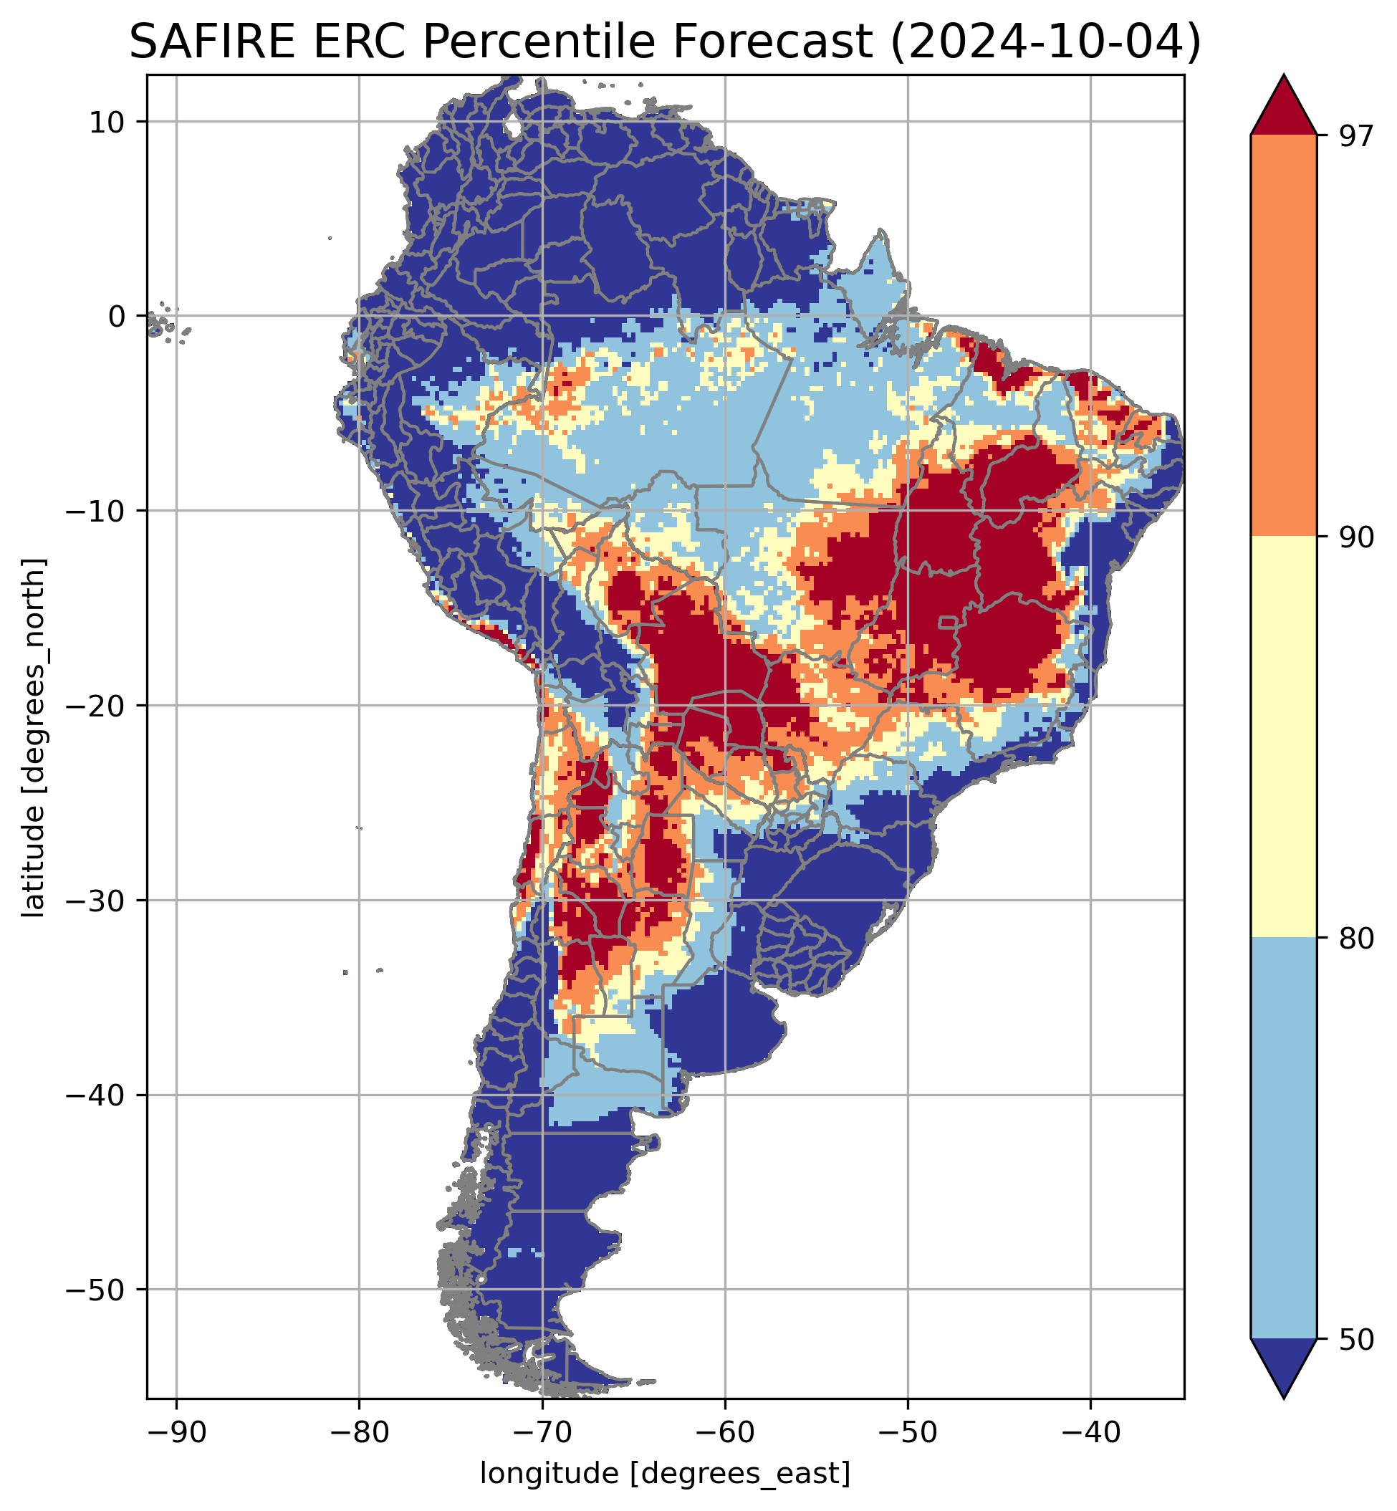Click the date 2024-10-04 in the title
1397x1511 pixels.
(x=1044, y=42)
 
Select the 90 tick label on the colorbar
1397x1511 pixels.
(x=1356, y=538)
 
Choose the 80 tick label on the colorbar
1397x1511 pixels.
(x=1356, y=939)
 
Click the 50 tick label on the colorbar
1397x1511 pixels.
(x=1356, y=1340)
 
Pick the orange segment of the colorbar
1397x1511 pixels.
(x=1284, y=336)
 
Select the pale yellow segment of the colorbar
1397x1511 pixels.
(x=1284, y=737)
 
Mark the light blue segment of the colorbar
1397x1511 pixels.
(x=1284, y=1138)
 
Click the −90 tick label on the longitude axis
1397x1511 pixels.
(x=176, y=1431)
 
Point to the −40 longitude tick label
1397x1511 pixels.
(x=1090, y=1431)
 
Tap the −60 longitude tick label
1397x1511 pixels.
(x=724, y=1431)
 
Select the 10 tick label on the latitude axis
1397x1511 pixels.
(x=107, y=122)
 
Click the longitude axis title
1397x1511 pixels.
(x=666, y=1473)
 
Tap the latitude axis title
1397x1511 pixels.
(x=33, y=738)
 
